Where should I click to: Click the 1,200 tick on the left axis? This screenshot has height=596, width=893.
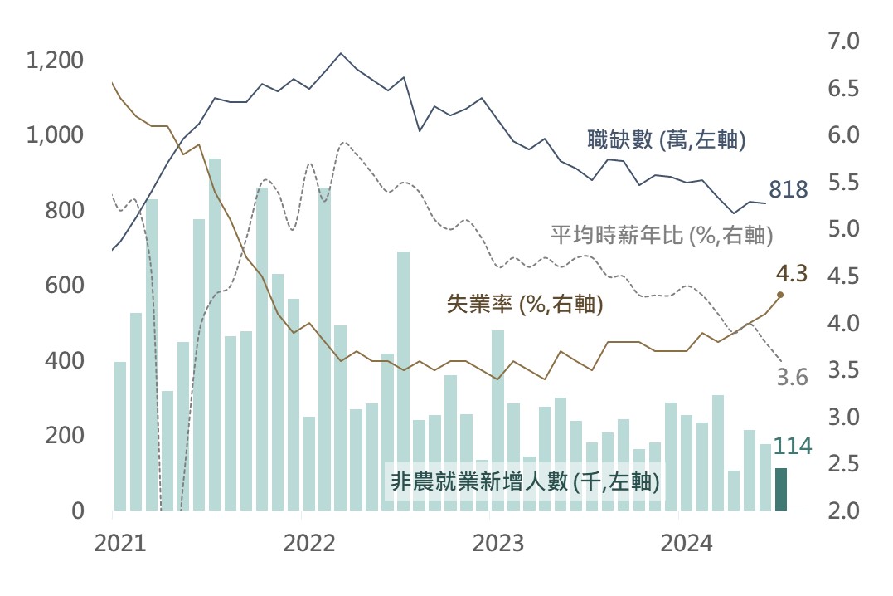[55, 61]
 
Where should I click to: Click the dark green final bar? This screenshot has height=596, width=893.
[781, 489]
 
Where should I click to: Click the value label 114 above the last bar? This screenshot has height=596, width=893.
[791, 447]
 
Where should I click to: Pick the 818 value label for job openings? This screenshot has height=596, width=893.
[788, 190]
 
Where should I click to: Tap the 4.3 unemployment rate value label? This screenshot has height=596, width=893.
[792, 271]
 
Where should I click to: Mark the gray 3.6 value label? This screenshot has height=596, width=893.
[792, 378]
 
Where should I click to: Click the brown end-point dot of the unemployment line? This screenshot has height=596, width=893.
[780, 295]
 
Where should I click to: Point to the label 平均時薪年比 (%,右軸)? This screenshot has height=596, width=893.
[662, 235]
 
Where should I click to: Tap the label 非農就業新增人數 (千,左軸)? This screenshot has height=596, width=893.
[525, 481]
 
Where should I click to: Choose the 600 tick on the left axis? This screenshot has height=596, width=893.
[66, 286]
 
